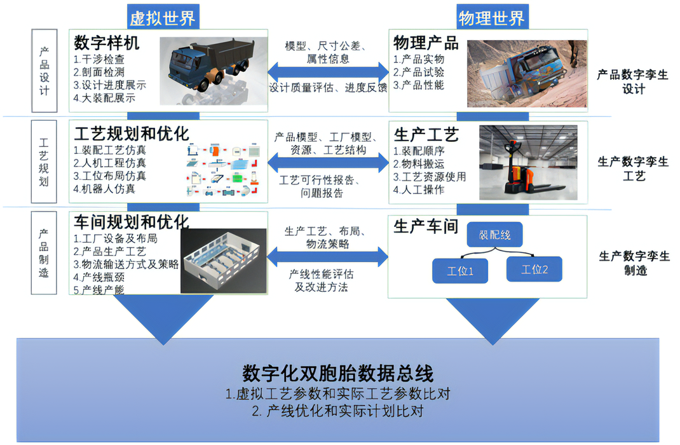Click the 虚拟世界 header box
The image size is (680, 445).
(163, 17)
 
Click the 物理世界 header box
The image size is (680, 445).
(491, 17)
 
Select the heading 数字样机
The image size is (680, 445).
(107, 43)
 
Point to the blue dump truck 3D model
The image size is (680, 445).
(209, 66)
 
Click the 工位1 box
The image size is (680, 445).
(460, 270)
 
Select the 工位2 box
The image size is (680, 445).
(534, 269)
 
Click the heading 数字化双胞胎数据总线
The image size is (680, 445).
(338, 372)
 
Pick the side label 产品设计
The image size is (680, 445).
(44, 71)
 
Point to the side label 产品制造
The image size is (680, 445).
(44, 253)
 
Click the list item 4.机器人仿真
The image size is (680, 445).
(104, 189)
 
